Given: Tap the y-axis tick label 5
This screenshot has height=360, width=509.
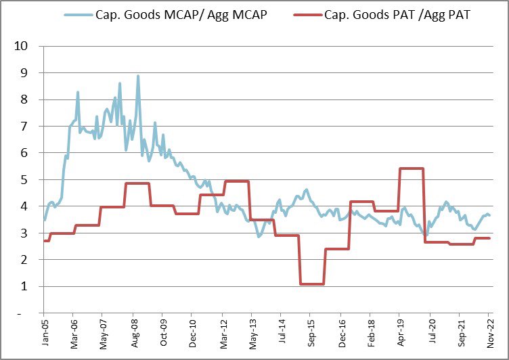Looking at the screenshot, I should [x=24, y=180].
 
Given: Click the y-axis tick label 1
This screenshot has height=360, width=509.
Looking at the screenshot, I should [x=24, y=287].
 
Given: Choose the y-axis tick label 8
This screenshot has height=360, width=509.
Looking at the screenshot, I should [x=24, y=99].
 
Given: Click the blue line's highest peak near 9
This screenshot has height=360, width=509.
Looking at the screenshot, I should [x=138, y=76].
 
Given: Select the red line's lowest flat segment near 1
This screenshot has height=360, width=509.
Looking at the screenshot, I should [x=312, y=284].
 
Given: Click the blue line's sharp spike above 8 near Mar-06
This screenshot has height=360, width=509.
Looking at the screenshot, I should [x=78, y=93].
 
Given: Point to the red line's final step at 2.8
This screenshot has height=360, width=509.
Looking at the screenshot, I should [x=482, y=238].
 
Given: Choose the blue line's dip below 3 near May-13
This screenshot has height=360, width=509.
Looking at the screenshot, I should [x=259, y=235].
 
